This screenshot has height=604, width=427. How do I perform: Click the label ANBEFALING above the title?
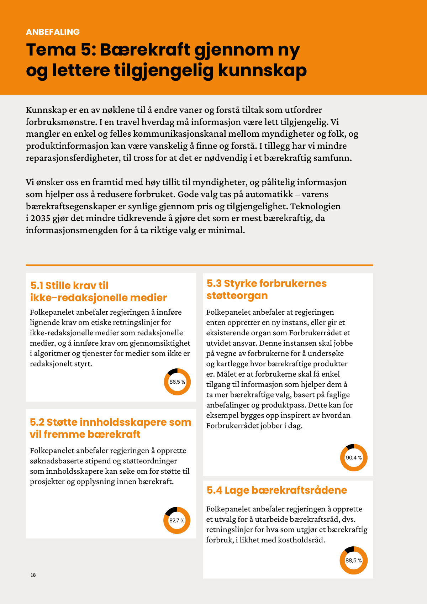pyautogui.click(x=53, y=32)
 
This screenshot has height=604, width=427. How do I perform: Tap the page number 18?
pyautogui.click(x=33, y=575)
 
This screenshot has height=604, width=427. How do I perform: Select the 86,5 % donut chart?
pyautogui.click(x=177, y=382)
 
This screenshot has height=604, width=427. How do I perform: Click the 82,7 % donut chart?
pyautogui.click(x=177, y=520)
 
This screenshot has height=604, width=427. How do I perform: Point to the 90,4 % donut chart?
pyautogui.click(x=354, y=458)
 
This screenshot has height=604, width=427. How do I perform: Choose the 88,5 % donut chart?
pyautogui.click(x=353, y=561)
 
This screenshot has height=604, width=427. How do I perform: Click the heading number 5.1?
pyautogui.click(x=37, y=285)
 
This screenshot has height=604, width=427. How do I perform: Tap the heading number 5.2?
pyautogui.click(x=37, y=422)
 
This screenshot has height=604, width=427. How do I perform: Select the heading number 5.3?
pyautogui.click(x=214, y=283)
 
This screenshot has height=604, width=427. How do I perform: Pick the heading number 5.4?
pyautogui.click(x=214, y=490)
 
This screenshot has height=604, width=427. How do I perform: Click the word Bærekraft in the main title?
pyautogui.click(x=145, y=50)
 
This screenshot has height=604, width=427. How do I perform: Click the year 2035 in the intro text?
pyautogui.click(x=40, y=218)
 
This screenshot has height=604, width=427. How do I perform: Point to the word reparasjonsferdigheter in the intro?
pyautogui.click(x=73, y=158)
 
